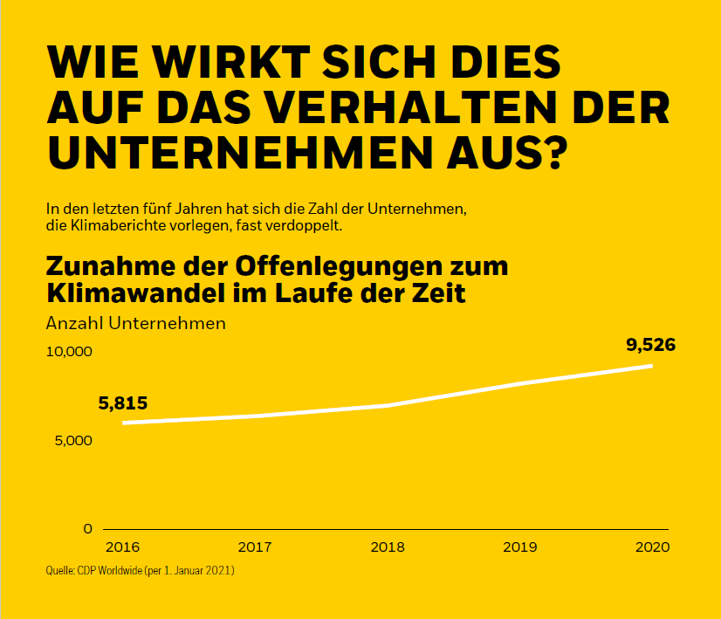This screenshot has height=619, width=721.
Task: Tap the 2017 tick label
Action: point(254,547)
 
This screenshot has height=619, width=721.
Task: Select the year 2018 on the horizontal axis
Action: point(387,547)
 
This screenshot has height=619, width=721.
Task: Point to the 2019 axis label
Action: point(519,547)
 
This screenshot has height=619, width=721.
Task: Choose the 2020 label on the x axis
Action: point(652,547)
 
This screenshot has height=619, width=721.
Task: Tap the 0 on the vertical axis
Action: point(87,528)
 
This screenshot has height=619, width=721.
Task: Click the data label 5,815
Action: point(123,403)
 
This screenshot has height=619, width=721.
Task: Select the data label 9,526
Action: point(650,345)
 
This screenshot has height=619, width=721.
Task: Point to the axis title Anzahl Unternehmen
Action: point(135,323)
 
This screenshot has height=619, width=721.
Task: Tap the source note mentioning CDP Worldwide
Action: point(140,571)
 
